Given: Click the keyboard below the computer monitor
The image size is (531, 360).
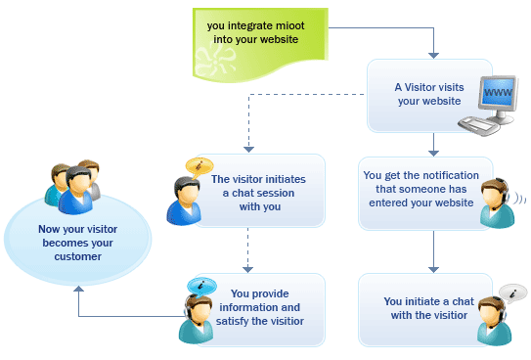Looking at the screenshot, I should (485, 123).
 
